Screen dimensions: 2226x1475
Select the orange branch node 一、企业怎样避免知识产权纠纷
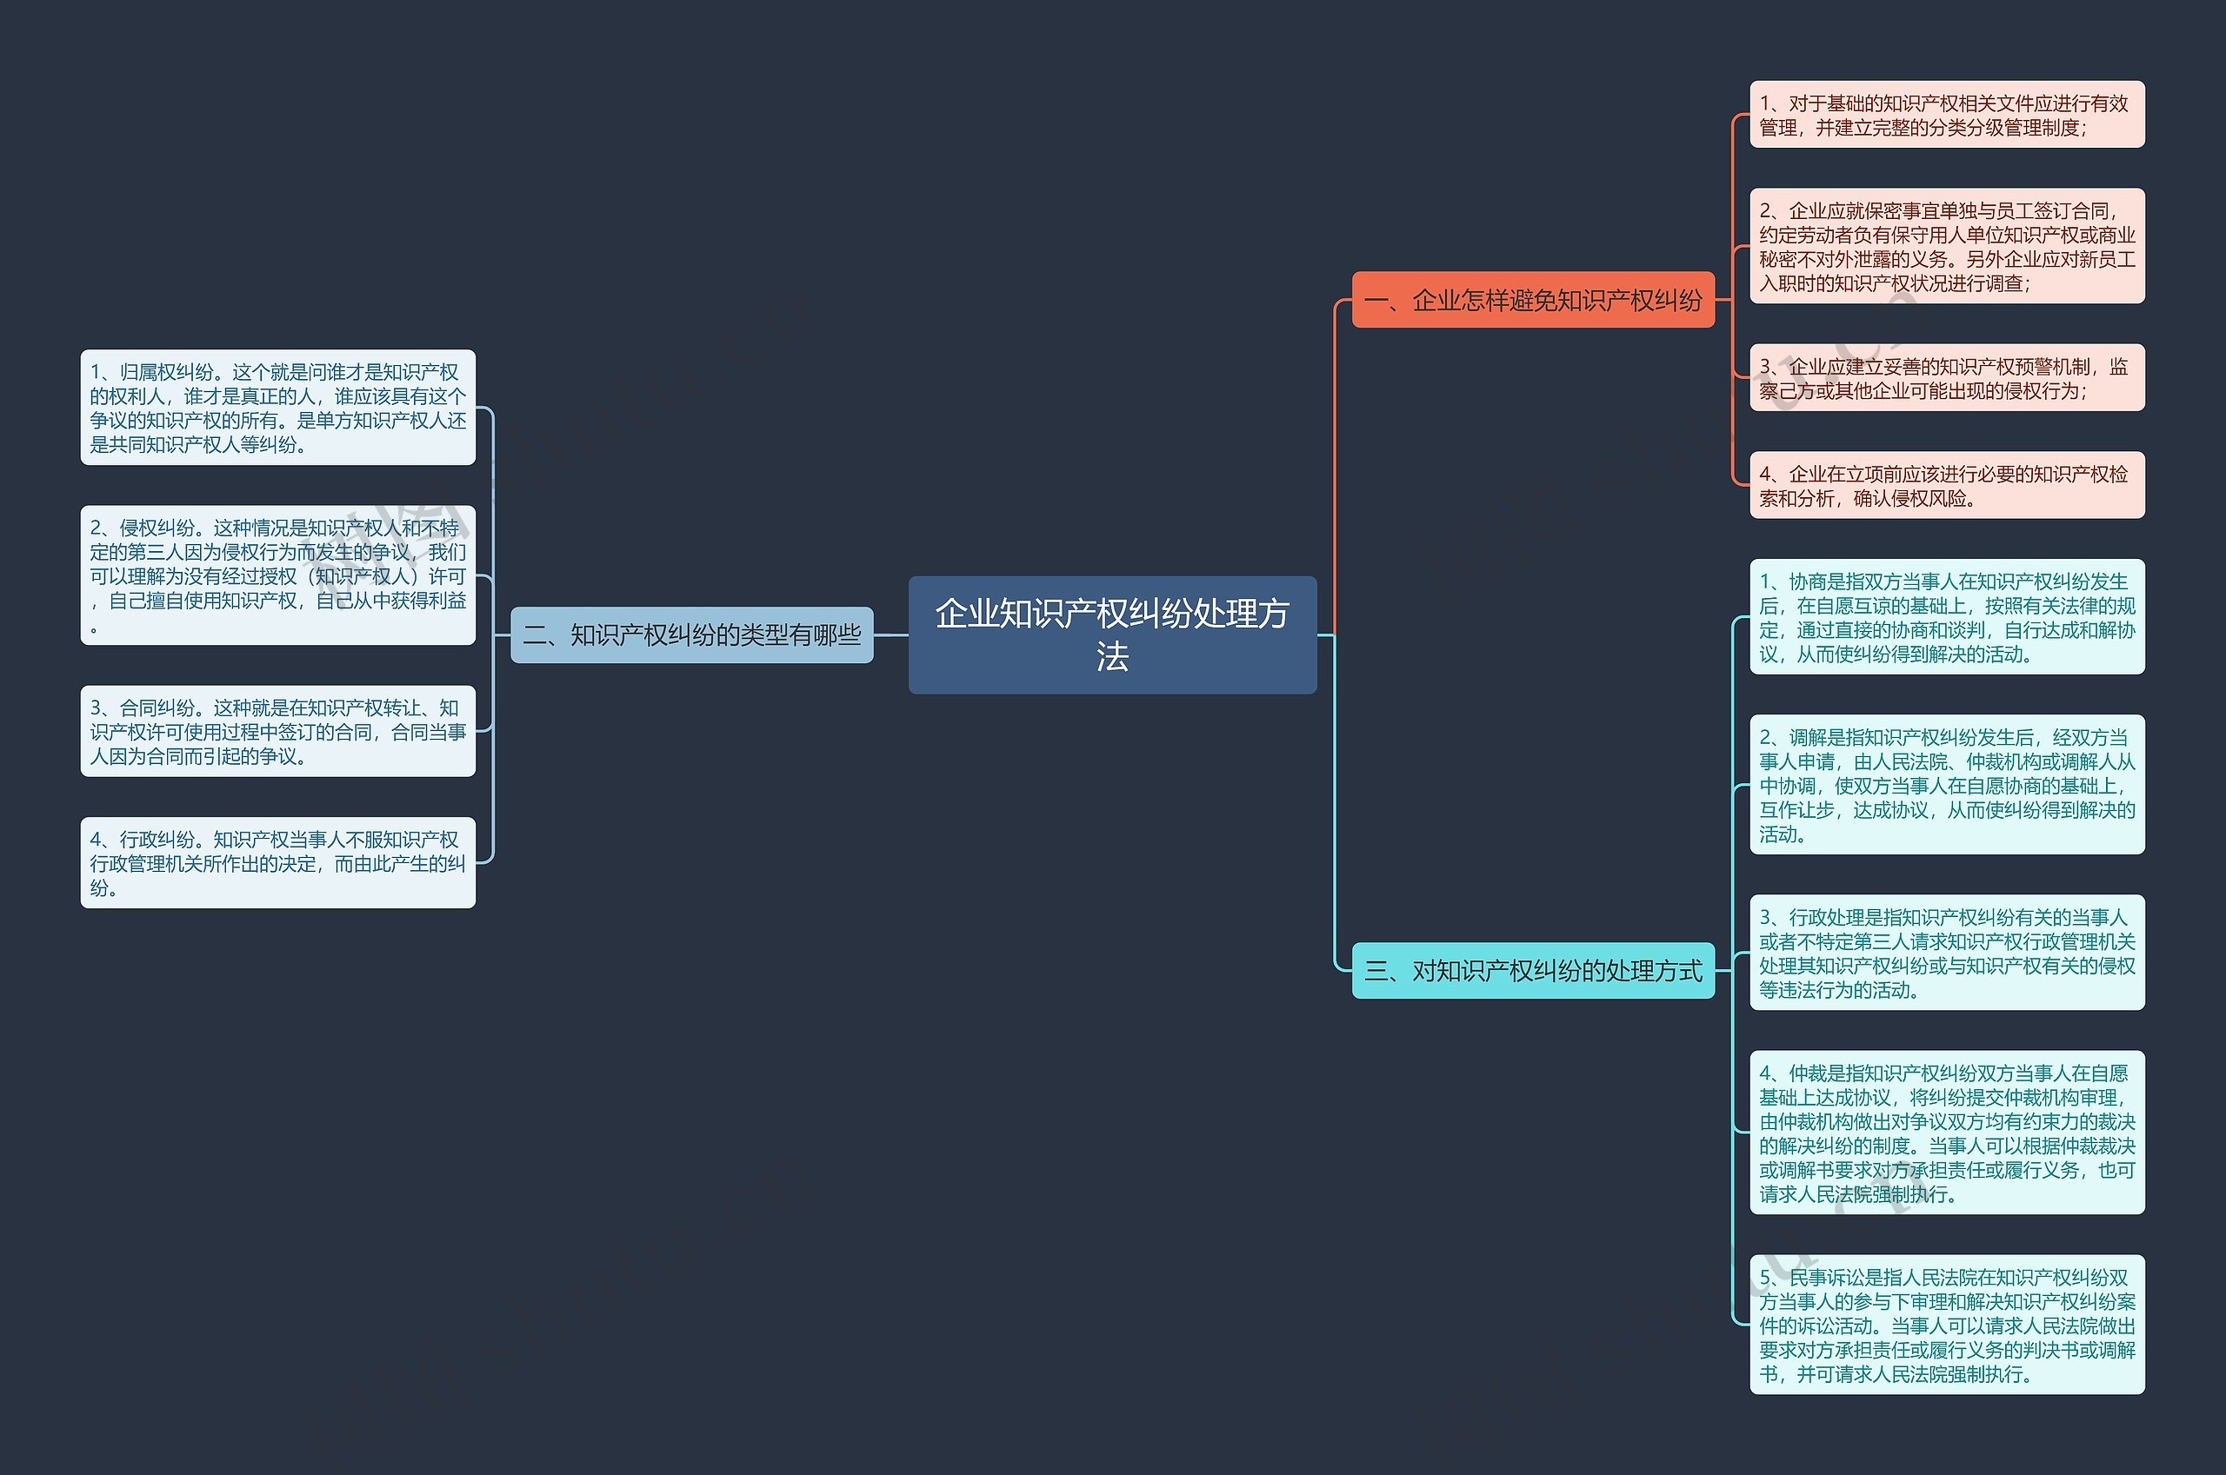pyautogui.click(x=1533, y=300)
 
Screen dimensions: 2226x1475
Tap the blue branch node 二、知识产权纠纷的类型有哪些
pyautogui.click(x=691, y=635)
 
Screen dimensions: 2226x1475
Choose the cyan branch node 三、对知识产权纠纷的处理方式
pyautogui.click(x=1533, y=970)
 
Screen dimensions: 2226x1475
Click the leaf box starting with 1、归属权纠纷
pyautogui.click(x=277, y=408)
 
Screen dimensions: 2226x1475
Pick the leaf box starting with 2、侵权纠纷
pyautogui.click(x=277, y=575)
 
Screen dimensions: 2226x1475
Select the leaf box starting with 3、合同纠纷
pyautogui.click(x=277, y=731)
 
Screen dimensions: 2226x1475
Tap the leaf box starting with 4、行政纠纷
pyautogui.click(x=277, y=862)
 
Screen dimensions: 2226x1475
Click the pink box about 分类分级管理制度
pyautogui.click(x=1947, y=115)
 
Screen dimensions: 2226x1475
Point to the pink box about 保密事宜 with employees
pyautogui.click(x=1947, y=245)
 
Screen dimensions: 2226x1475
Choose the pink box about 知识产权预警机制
pyautogui.click(x=1947, y=377)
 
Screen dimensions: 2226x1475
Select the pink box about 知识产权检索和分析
pyautogui.click(x=1947, y=485)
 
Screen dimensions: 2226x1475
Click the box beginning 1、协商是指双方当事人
pyautogui.click(x=1947, y=617)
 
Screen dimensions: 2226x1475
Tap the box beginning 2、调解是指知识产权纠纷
pyautogui.click(x=1947, y=785)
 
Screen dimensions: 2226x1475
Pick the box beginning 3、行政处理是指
pyautogui.click(x=1947, y=952)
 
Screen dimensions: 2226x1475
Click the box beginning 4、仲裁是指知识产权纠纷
pyautogui.click(x=1947, y=1133)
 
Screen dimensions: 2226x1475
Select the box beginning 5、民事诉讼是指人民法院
pyautogui.click(x=1947, y=1325)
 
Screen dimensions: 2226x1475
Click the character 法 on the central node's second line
pyautogui.click(x=1112, y=656)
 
